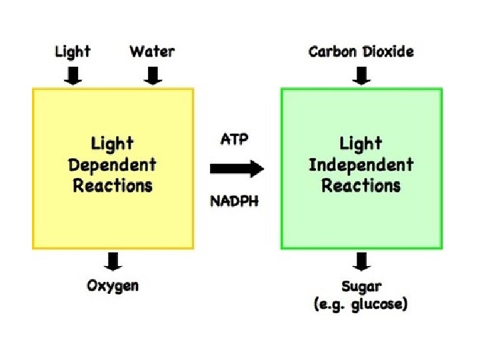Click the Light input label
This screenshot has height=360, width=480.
pos(73,51)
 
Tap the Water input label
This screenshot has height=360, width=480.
pos(153,51)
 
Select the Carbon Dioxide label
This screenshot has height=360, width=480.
pos(361,51)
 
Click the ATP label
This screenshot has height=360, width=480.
pos(234,140)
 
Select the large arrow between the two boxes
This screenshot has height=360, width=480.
pos(237,169)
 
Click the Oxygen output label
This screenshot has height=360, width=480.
pos(113,286)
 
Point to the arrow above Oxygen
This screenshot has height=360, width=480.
pos(113,261)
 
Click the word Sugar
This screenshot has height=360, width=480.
pos(361,287)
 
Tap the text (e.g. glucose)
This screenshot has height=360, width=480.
pos(361,305)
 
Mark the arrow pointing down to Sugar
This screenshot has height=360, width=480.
pos(361,261)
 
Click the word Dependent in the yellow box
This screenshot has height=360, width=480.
pos(113,165)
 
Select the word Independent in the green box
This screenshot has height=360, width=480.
pos(361,165)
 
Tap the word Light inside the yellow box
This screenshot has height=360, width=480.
pos(113,143)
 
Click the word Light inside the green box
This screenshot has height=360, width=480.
pos(361,143)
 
